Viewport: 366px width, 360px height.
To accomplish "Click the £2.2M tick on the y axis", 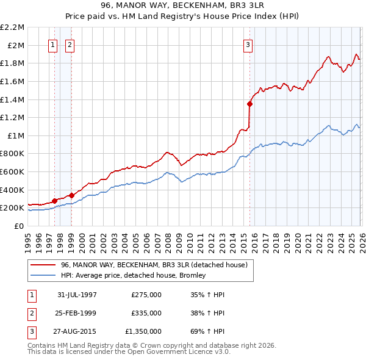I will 12,27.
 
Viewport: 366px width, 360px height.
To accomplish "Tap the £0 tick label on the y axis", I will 20,226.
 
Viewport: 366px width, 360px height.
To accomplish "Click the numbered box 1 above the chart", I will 54,44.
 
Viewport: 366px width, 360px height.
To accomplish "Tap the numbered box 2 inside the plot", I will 70,44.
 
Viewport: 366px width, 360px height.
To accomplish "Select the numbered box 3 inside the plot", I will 248,44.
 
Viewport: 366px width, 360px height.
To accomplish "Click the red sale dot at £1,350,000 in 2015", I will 249,104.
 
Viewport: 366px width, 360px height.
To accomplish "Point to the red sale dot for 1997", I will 55,201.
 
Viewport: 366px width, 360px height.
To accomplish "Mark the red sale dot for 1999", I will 71,195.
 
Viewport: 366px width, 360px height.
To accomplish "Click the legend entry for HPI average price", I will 133,275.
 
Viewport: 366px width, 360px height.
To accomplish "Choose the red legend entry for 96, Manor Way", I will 154,265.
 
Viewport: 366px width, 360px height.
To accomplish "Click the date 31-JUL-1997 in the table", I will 77,295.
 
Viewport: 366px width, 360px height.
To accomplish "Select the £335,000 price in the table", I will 146,313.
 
